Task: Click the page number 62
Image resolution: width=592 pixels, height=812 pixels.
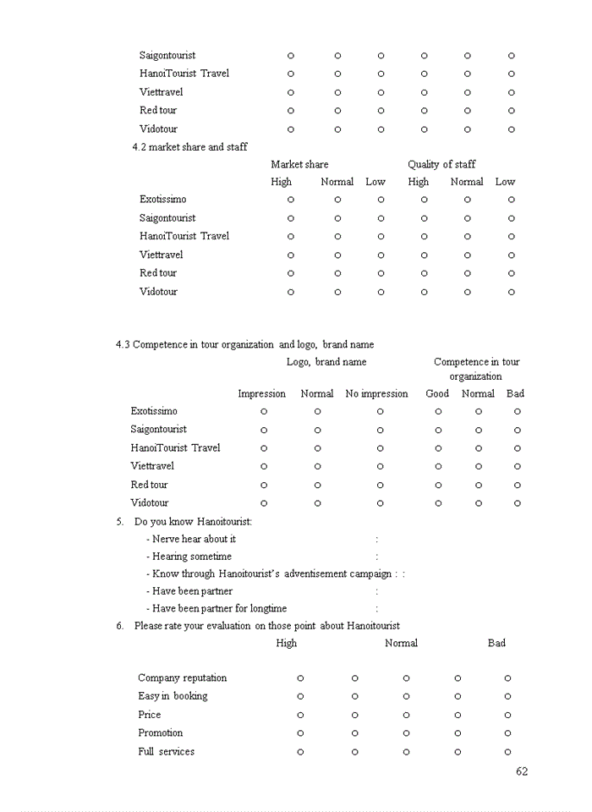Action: (x=522, y=771)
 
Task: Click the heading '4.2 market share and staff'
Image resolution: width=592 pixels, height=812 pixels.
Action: (x=189, y=147)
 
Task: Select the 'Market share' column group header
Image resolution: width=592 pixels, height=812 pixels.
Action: (x=299, y=164)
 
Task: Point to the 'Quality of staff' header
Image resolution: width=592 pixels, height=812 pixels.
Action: (x=441, y=164)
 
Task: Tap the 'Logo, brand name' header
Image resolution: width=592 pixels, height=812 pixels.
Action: (x=326, y=362)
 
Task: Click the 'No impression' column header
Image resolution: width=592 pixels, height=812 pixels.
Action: (x=376, y=393)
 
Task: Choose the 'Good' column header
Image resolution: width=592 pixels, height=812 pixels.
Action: (x=437, y=393)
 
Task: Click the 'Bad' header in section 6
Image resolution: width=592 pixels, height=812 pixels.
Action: (x=496, y=643)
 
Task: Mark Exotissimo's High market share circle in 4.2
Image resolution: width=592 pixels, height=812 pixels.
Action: (x=291, y=200)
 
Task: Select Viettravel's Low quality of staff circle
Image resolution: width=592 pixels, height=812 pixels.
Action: (x=512, y=255)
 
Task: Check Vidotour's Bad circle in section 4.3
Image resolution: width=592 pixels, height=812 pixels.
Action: (x=518, y=503)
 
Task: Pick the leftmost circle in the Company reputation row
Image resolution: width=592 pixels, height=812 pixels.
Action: (x=300, y=678)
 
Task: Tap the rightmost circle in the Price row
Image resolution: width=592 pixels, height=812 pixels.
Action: (x=507, y=715)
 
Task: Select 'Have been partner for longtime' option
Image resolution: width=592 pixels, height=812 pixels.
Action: (x=219, y=608)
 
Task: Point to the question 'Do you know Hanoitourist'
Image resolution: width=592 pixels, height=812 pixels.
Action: (x=193, y=521)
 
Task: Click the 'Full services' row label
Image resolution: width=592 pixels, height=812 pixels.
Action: (x=166, y=751)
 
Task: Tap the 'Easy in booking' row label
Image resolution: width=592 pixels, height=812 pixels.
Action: (x=173, y=696)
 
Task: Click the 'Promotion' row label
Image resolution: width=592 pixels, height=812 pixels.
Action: (x=161, y=732)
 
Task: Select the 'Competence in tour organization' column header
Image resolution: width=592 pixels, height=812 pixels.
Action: (x=476, y=369)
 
